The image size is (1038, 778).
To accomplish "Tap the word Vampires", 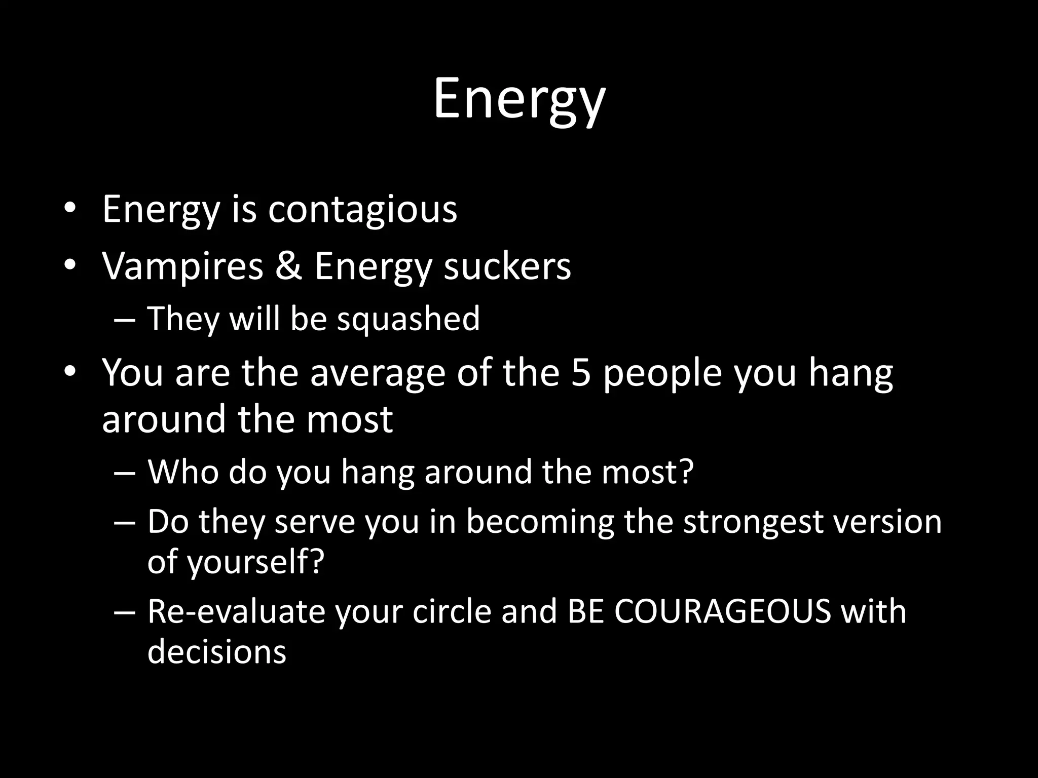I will (x=182, y=266).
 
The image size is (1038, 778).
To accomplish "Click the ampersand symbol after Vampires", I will (x=289, y=266).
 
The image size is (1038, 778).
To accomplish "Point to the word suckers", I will (x=507, y=266).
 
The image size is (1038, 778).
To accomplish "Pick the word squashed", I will (x=408, y=319).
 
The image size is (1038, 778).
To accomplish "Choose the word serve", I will (x=315, y=522).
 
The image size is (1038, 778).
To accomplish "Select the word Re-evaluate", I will (x=236, y=611).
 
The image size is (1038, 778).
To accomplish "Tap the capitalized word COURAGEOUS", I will (x=723, y=611).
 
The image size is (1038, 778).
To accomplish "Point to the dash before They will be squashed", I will (x=125, y=320).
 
